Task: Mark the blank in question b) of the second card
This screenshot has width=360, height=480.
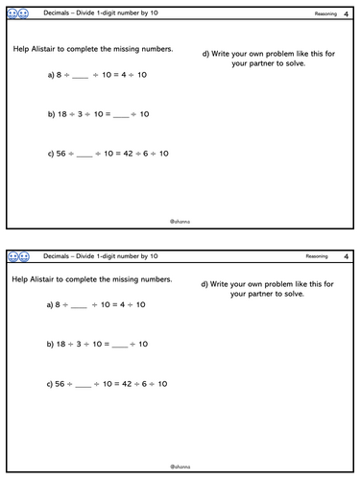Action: tap(119, 344)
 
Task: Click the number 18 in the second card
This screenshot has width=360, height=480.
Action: tap(62, 344)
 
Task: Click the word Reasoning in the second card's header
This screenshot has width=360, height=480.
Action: tap(317, 256)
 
